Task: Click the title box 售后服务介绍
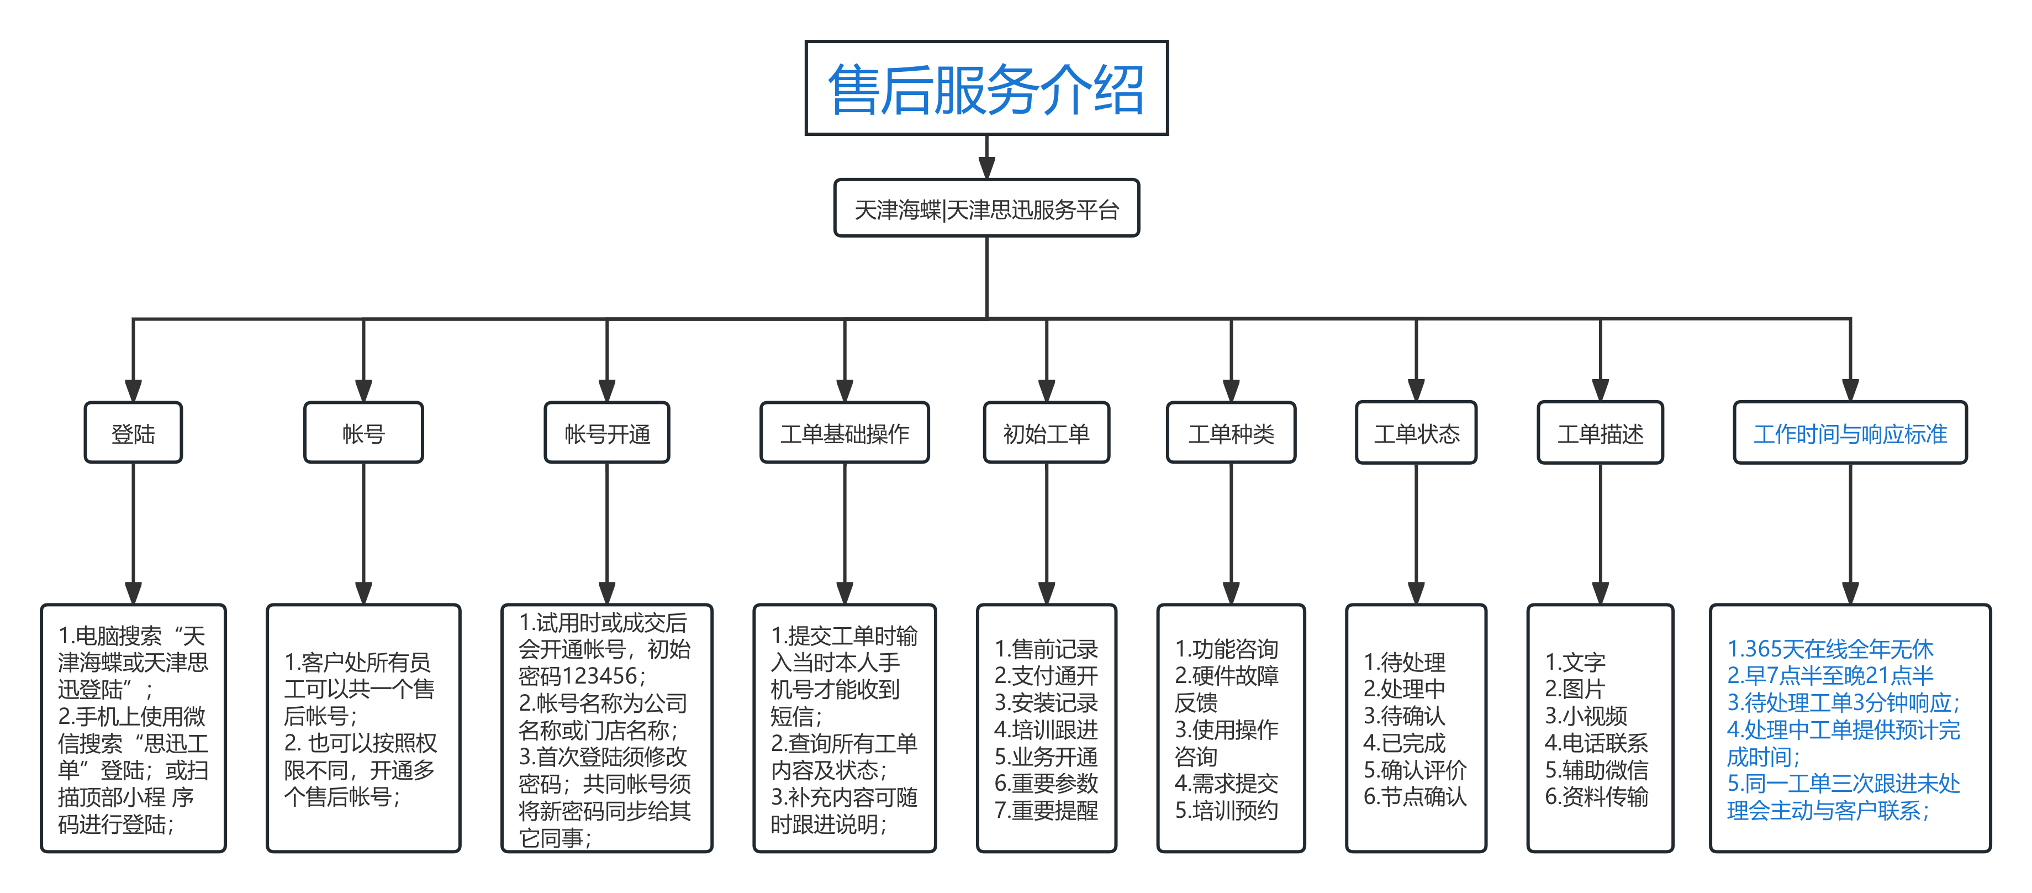985,88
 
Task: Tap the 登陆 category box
133,433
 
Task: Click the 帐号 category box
363,433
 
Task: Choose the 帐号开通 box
606,433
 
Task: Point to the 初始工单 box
1046,433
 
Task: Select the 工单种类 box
1231,433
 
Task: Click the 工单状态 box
1416,433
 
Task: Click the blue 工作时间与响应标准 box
1850,433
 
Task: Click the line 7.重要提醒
1046,810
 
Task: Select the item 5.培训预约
1227,810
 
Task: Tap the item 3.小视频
1586,716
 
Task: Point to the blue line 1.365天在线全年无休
1830,649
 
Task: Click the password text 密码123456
582,676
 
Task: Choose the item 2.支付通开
1046,676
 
